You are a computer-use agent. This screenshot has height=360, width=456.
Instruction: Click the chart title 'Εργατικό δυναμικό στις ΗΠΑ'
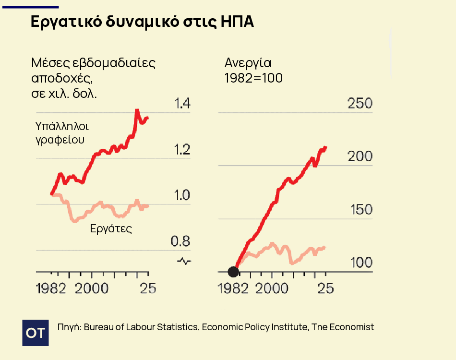point(142,23)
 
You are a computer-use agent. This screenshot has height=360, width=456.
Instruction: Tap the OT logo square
point(36,332)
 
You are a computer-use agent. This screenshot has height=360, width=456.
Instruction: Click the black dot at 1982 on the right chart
point(233,272)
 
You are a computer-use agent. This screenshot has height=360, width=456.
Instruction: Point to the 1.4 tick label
point(181,104)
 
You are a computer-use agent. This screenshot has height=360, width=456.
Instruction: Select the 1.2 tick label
point(181,150)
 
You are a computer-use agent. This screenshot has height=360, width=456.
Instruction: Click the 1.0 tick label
point(181,195)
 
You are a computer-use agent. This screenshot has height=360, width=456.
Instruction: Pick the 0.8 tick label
point(181,241)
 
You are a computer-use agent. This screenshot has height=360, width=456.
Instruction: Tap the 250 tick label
point(360,104)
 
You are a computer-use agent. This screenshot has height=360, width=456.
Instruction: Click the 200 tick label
point(360,156)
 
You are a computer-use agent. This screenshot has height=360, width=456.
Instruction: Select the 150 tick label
point(360,210)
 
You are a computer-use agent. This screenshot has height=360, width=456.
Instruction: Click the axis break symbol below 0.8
point(184,261)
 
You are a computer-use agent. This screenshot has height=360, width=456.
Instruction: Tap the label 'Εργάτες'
point(111,228)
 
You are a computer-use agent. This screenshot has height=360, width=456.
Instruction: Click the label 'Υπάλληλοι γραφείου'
point(62,133)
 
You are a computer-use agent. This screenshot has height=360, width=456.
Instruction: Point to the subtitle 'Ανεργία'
point(248,63)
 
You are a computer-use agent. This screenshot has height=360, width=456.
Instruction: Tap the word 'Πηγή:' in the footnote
point(69,327)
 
